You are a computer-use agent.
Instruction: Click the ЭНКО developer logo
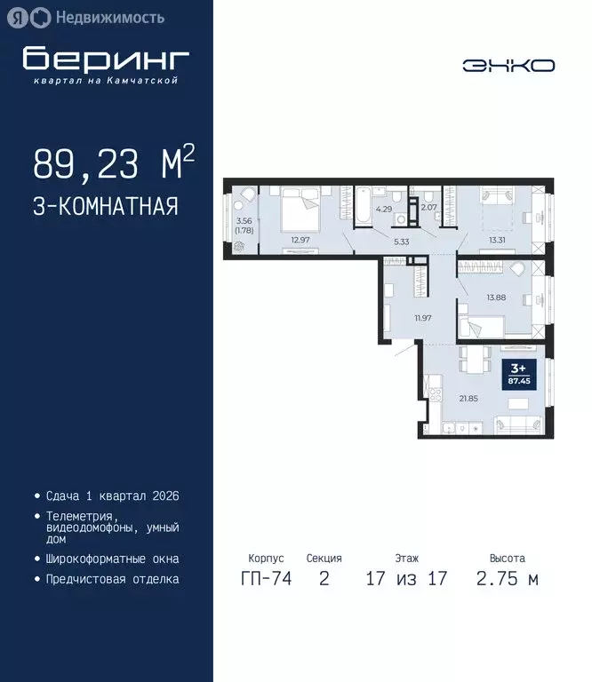[x=508, y=65]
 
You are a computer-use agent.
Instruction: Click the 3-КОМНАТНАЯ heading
[x=106, y=207]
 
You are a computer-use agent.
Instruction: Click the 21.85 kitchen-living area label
[x=468, y=398]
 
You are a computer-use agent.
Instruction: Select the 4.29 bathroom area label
[x=383, y=210]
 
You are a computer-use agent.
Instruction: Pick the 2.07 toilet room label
[x=428, y=208]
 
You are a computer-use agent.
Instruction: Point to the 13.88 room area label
[x=495, y=297]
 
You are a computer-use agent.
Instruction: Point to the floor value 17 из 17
[x=406, y=579]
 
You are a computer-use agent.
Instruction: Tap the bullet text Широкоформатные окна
[x=112, y=559]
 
